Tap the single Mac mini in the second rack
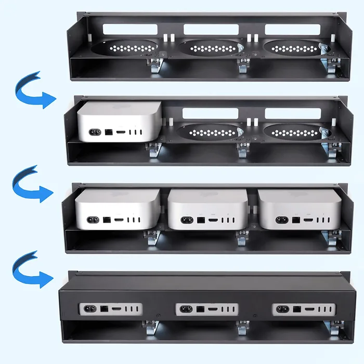(x=120, y=121)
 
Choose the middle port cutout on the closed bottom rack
(x=206, y=309)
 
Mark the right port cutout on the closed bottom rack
(x=303, y=309)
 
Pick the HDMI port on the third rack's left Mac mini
(x=119, y=221)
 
